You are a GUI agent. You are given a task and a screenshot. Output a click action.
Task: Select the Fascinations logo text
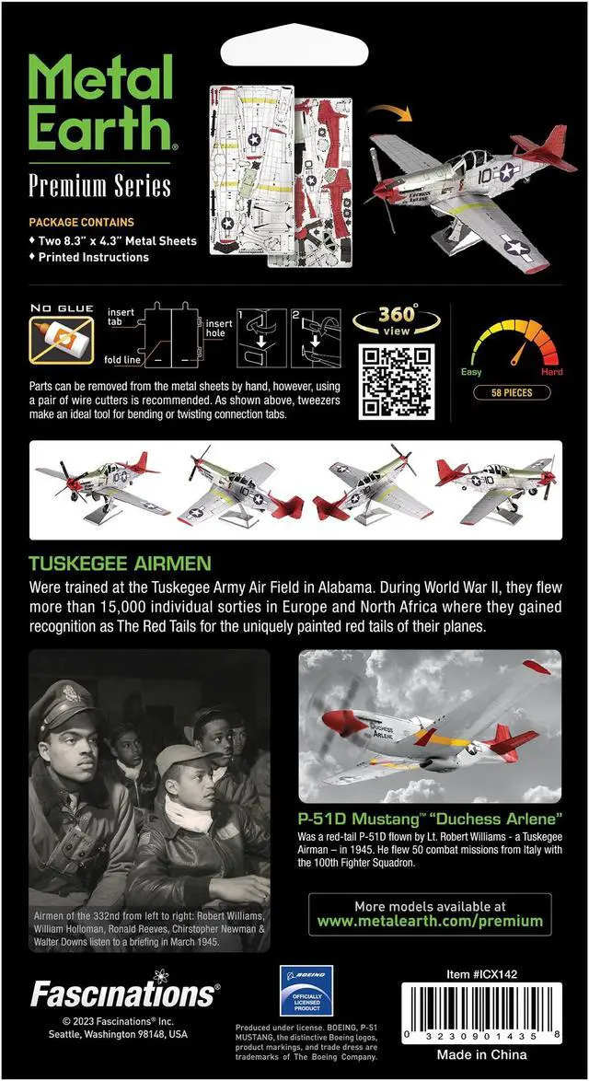point(124,994)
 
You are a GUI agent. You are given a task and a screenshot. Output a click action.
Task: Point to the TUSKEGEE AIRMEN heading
point(120,564)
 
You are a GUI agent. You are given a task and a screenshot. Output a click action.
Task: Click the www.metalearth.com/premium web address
point(430,921)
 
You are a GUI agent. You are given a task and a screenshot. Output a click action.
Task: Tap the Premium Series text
point(99,186)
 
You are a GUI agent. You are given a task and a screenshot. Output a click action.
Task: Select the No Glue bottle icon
point(61,340)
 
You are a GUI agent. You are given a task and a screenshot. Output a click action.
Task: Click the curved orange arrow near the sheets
point(389,117)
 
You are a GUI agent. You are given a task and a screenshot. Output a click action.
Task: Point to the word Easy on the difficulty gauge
point(471,372)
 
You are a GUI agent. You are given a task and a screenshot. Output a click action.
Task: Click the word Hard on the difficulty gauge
point(552,372)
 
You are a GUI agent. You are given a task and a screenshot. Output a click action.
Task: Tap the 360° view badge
point(398,320)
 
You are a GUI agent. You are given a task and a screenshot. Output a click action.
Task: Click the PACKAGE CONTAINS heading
point(81,222)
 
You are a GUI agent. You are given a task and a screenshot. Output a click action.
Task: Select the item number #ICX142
point(495,972)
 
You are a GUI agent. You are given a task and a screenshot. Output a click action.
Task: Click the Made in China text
point(482,1054)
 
